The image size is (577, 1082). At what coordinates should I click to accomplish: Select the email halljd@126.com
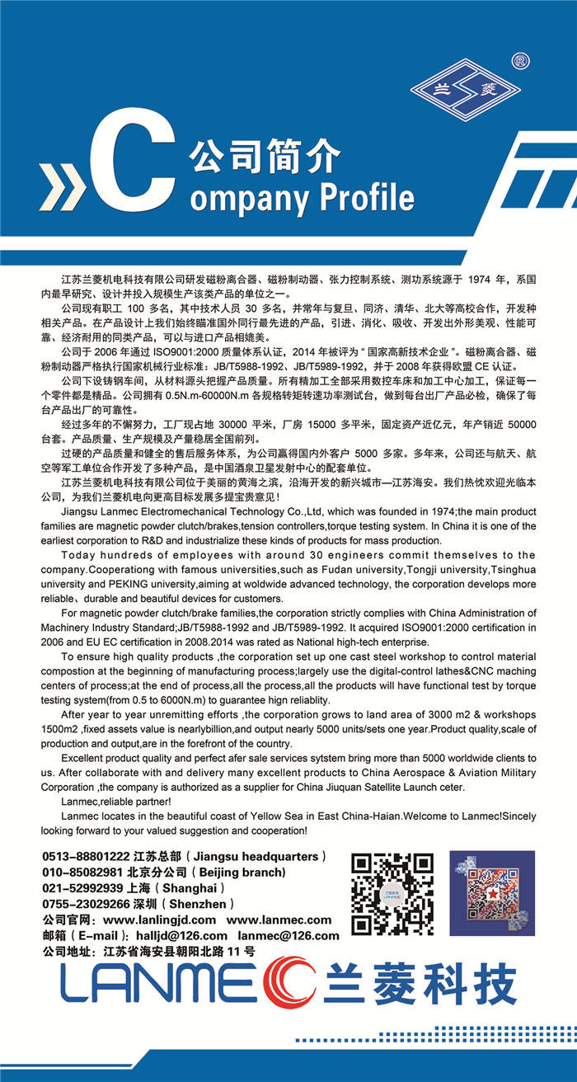182,935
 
